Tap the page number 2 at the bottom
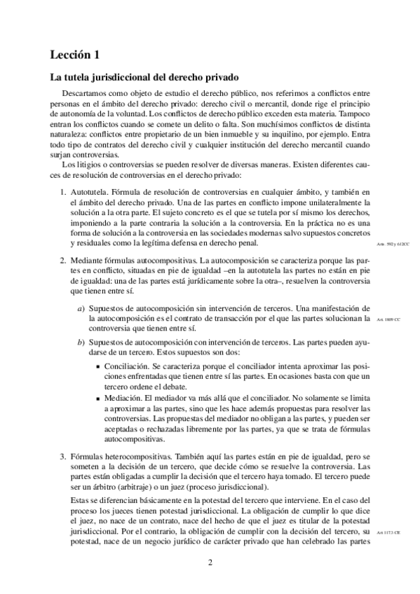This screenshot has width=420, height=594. tap(210, 562)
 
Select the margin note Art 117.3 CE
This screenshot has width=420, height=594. tap(388, 533)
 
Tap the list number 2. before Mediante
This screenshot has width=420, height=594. tap(62, 259)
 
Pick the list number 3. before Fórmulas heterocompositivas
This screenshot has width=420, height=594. tap(62, 456)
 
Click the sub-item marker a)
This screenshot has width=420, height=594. tap(81, 308)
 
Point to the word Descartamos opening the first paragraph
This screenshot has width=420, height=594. tap(87, 92)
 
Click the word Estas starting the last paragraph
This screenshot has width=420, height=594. tap(82, 500)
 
